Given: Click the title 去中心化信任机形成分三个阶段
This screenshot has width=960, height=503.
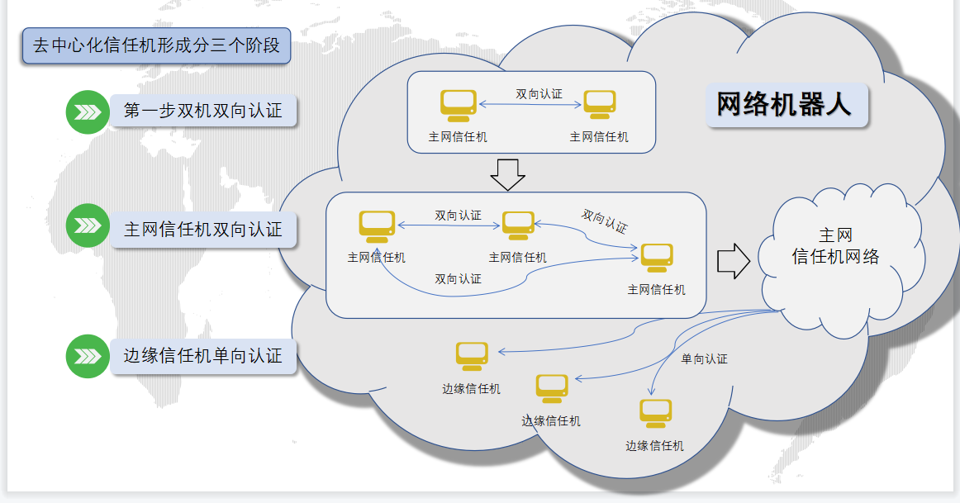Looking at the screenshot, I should [156, 45].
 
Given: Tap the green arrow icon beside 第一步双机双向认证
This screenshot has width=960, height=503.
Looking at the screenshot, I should [87, 112].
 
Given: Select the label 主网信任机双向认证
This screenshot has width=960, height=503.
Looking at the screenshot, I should [203, 230].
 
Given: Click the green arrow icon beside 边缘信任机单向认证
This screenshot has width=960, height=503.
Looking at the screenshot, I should [87, 357].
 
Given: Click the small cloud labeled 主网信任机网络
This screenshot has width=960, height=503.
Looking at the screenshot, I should [835, 247].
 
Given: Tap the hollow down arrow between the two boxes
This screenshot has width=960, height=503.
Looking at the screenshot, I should [507, 173].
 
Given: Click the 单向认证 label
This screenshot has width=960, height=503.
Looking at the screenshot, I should [704, 358].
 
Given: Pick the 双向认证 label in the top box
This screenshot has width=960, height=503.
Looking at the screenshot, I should [539, 94].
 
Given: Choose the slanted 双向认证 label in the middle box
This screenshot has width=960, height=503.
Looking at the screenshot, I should [604, 221].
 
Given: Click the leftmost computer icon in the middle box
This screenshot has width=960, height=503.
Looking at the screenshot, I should [377, 226].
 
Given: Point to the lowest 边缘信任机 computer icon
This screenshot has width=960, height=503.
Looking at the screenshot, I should [655, 413].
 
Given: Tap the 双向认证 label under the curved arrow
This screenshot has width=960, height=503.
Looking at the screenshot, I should [459, 279].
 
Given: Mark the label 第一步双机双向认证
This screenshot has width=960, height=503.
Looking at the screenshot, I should [203, 111].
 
